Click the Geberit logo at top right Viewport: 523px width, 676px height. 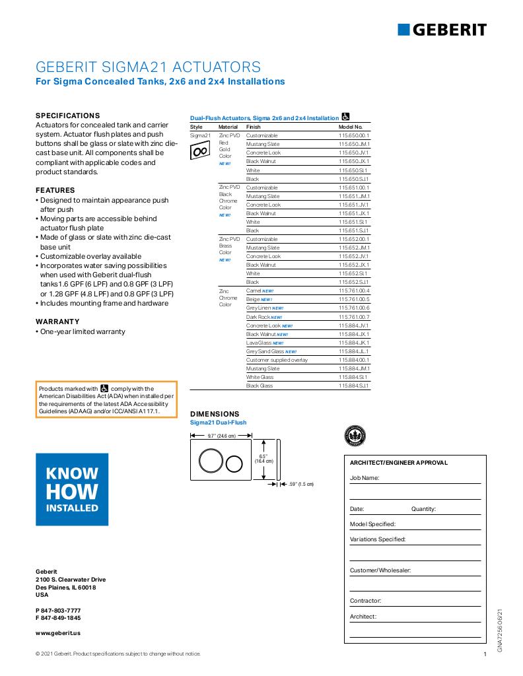point(442,29)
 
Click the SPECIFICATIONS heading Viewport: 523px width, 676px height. point(67,115)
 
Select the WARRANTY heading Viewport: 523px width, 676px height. point(57,321)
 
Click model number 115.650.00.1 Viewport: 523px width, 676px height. point(354,135)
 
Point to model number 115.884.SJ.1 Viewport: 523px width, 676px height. point(354,386)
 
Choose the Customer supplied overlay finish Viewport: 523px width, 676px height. point(277,360)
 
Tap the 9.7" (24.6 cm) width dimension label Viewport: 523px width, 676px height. point(222,436)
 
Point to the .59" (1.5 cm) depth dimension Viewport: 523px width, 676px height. point(301,485)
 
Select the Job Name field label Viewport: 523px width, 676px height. point(364,477)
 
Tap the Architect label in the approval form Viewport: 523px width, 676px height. point(363,617)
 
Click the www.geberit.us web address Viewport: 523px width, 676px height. point(58,632)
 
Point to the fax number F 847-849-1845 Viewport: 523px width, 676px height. point(58,618)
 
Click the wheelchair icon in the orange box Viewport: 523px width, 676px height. point(104,389)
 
